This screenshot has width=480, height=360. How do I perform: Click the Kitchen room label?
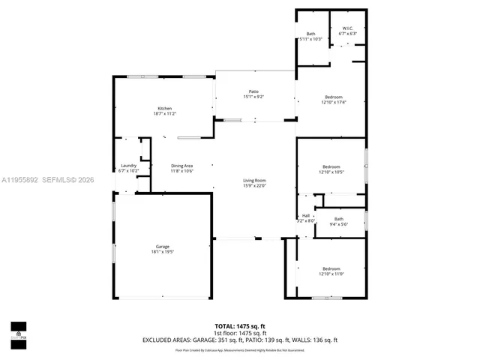[x=164, y=109]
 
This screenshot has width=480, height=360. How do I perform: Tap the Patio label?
[x=253, y=91]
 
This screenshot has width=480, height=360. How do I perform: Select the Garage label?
[x=162, y=247]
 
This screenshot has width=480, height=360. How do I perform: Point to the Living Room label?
[x=254, y=180]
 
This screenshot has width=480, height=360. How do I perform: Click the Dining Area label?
[x=182, y=166]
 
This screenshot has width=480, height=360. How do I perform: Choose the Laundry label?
[x=129, y=166]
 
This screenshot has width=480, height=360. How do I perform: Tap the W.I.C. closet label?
[x=347, y=29]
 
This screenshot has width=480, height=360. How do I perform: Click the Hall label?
[x=306, y=215]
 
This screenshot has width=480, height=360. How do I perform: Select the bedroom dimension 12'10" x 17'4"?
[x=333, y=102]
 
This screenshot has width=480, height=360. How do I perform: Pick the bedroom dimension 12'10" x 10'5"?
[x=331, y=172]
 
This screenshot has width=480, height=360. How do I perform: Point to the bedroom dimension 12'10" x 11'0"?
[x=331, y=274]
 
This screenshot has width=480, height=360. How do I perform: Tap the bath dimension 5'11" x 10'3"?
[x=310, y=38]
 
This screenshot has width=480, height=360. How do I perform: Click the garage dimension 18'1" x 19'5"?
[x=162, y=252]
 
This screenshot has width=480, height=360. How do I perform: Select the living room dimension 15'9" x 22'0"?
[x=254, y=185]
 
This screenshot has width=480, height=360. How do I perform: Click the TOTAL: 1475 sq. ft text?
[x=240, y=326]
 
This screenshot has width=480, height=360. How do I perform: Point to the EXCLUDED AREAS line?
[x=240, y=340]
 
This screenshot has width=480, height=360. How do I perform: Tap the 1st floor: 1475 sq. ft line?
[x=240, y=333]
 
